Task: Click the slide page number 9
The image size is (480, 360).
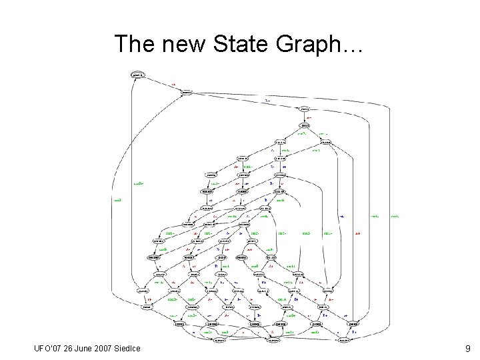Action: point(468,349)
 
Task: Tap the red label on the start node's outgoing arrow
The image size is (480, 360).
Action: point(173,85)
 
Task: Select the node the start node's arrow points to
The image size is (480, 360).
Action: point(187,93)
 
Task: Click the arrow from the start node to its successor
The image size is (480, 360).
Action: point(163,85)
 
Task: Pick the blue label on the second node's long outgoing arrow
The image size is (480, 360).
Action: point(267,101)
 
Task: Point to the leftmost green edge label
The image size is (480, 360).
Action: point(117,199)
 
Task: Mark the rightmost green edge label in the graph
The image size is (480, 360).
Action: point(395,216)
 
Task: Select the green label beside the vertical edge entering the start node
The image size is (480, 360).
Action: point(139,181)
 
